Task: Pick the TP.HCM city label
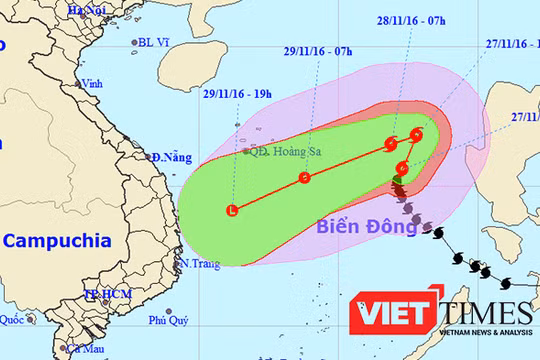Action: (108, 295)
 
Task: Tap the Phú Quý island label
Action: (169, 321)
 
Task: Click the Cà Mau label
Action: (88, 349)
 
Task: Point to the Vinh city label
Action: (94, 84)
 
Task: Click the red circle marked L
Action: (233, 210)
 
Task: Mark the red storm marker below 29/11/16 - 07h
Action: (305, 179)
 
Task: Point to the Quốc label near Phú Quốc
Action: (12, 320)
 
